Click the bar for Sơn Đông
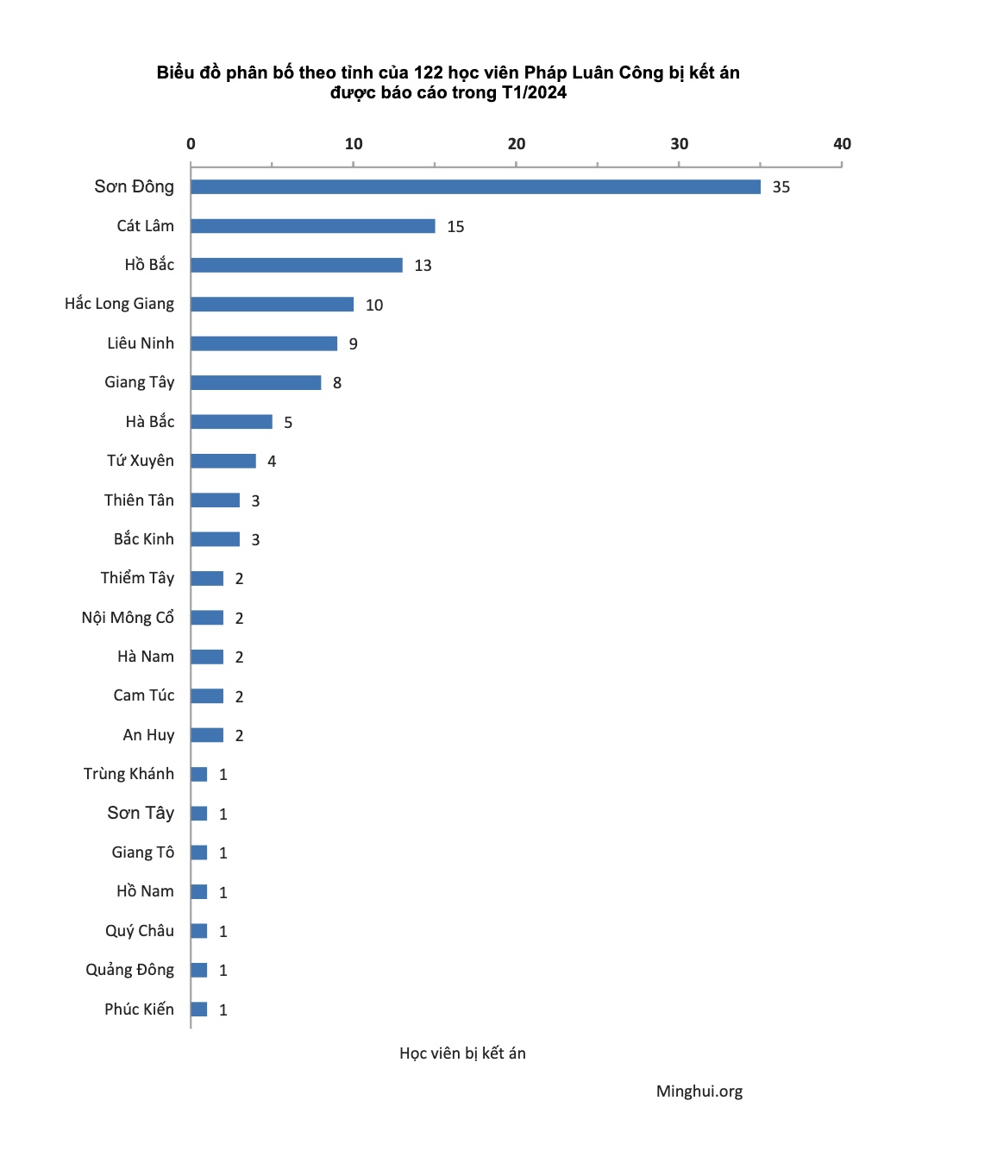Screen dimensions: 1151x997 [475, 187]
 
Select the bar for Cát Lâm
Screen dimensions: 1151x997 [312, 226]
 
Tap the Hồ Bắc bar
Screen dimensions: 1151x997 [296, 265]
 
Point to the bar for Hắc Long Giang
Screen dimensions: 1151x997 [272, 305]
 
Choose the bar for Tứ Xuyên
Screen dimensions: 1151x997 [223, 461]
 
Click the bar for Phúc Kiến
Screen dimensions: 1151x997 [198, 1009]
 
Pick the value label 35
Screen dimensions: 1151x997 [781, 187]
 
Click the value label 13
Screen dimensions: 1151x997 [423, 266]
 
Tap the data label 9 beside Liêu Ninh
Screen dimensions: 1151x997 [353, 344]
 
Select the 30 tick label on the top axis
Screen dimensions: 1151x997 [680, 144]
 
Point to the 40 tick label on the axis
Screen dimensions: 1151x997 [842, 144]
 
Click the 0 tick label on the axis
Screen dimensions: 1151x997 [191, 144]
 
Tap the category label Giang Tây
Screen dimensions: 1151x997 [140, 382]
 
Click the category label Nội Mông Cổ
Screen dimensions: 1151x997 [128, 618]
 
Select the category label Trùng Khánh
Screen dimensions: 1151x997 [129, 774]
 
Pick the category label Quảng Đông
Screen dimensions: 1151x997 [129, 970]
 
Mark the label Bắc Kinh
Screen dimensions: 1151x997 [144, 539]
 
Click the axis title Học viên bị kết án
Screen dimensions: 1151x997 [462, 1054]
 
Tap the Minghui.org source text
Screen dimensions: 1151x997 [699, 1091]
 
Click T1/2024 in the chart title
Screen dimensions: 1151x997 [534, 93]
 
